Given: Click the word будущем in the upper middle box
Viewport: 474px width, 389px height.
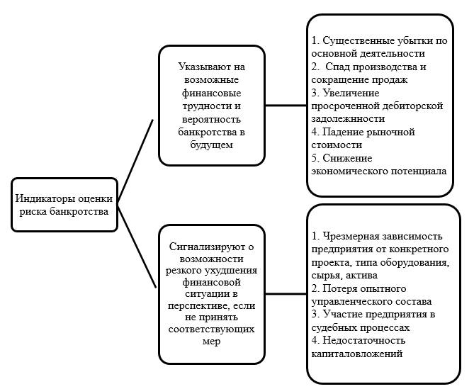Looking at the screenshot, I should [x=212, y=145].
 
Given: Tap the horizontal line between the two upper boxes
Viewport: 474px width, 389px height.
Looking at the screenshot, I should [x=286, y=105].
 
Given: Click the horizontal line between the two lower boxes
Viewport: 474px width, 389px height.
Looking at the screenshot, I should [x=286, y=292].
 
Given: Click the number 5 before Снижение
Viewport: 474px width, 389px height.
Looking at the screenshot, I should [x=315, y=157].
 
